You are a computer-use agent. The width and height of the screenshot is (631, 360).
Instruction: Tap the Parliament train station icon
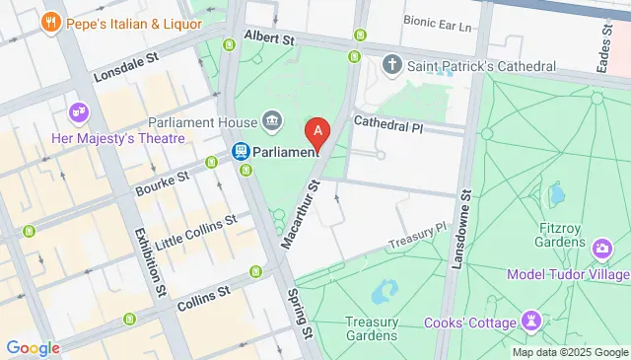[239, 152]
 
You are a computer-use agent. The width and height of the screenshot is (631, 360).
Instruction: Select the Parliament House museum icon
[273, 123]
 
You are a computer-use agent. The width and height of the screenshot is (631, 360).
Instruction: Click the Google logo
[33, 347]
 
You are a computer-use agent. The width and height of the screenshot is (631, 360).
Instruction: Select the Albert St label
[269, 39]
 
